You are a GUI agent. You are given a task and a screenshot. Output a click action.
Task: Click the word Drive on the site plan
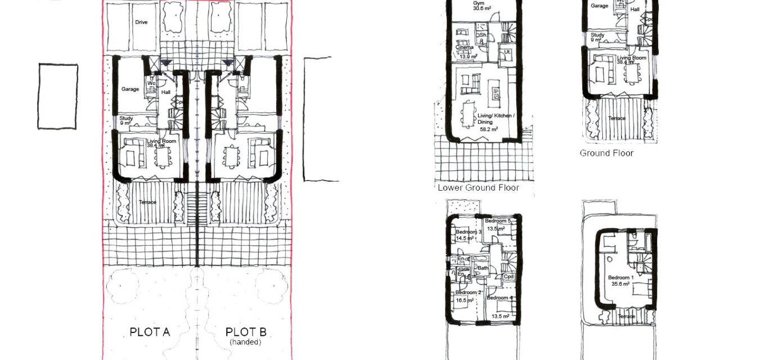click(141, 22)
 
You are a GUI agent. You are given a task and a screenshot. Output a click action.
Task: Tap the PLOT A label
click(150, 332)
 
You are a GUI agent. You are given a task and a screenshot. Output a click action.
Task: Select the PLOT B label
click(246, 332)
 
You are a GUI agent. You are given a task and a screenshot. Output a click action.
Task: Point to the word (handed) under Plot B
click(246, 341)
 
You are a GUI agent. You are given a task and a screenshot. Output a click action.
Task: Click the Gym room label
click(476, 3)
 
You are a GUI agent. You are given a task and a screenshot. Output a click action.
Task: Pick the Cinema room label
click(465, 48)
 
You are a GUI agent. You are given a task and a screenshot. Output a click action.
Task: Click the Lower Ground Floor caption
click(478, 188)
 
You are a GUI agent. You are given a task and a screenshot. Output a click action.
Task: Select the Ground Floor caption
click(606, 153)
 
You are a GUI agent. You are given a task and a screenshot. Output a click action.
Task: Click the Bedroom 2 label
click(468, 292)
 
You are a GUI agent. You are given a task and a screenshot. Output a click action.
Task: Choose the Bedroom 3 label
click(469, 232)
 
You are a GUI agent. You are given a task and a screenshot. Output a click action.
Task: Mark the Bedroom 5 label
click(498, 221)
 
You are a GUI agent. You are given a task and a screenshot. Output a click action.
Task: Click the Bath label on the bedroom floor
click(483, 268)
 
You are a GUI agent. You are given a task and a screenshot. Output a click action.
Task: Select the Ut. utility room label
click(507, 52)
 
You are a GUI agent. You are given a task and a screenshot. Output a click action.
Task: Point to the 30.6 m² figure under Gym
click(477, 10)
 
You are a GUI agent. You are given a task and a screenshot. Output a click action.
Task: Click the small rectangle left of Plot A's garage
click(58, 96)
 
